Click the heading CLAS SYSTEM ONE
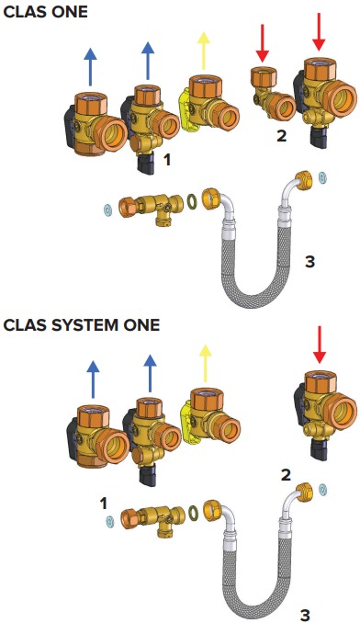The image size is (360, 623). point(82,325)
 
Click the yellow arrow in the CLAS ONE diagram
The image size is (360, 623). point(204,51)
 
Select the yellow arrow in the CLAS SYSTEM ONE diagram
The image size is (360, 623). point(205,364)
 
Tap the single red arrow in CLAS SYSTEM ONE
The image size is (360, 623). point(320,345)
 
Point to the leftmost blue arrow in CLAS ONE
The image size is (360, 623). point(91,67)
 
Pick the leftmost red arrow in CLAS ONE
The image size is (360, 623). point(263,43)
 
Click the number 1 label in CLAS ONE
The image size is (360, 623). point(167,160)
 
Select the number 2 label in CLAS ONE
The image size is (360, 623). point(281,136)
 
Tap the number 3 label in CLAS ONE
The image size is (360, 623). point(309,261)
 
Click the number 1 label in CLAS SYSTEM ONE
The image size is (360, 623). point(104,504)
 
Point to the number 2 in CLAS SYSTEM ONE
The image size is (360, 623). point(286,475)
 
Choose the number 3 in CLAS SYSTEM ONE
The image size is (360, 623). point(305,615)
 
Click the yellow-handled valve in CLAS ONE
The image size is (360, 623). point(209,103)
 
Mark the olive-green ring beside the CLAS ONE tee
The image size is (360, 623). point(192,201)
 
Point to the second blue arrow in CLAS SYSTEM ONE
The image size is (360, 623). point(150,373)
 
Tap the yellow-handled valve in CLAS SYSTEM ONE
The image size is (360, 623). point(210,416)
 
